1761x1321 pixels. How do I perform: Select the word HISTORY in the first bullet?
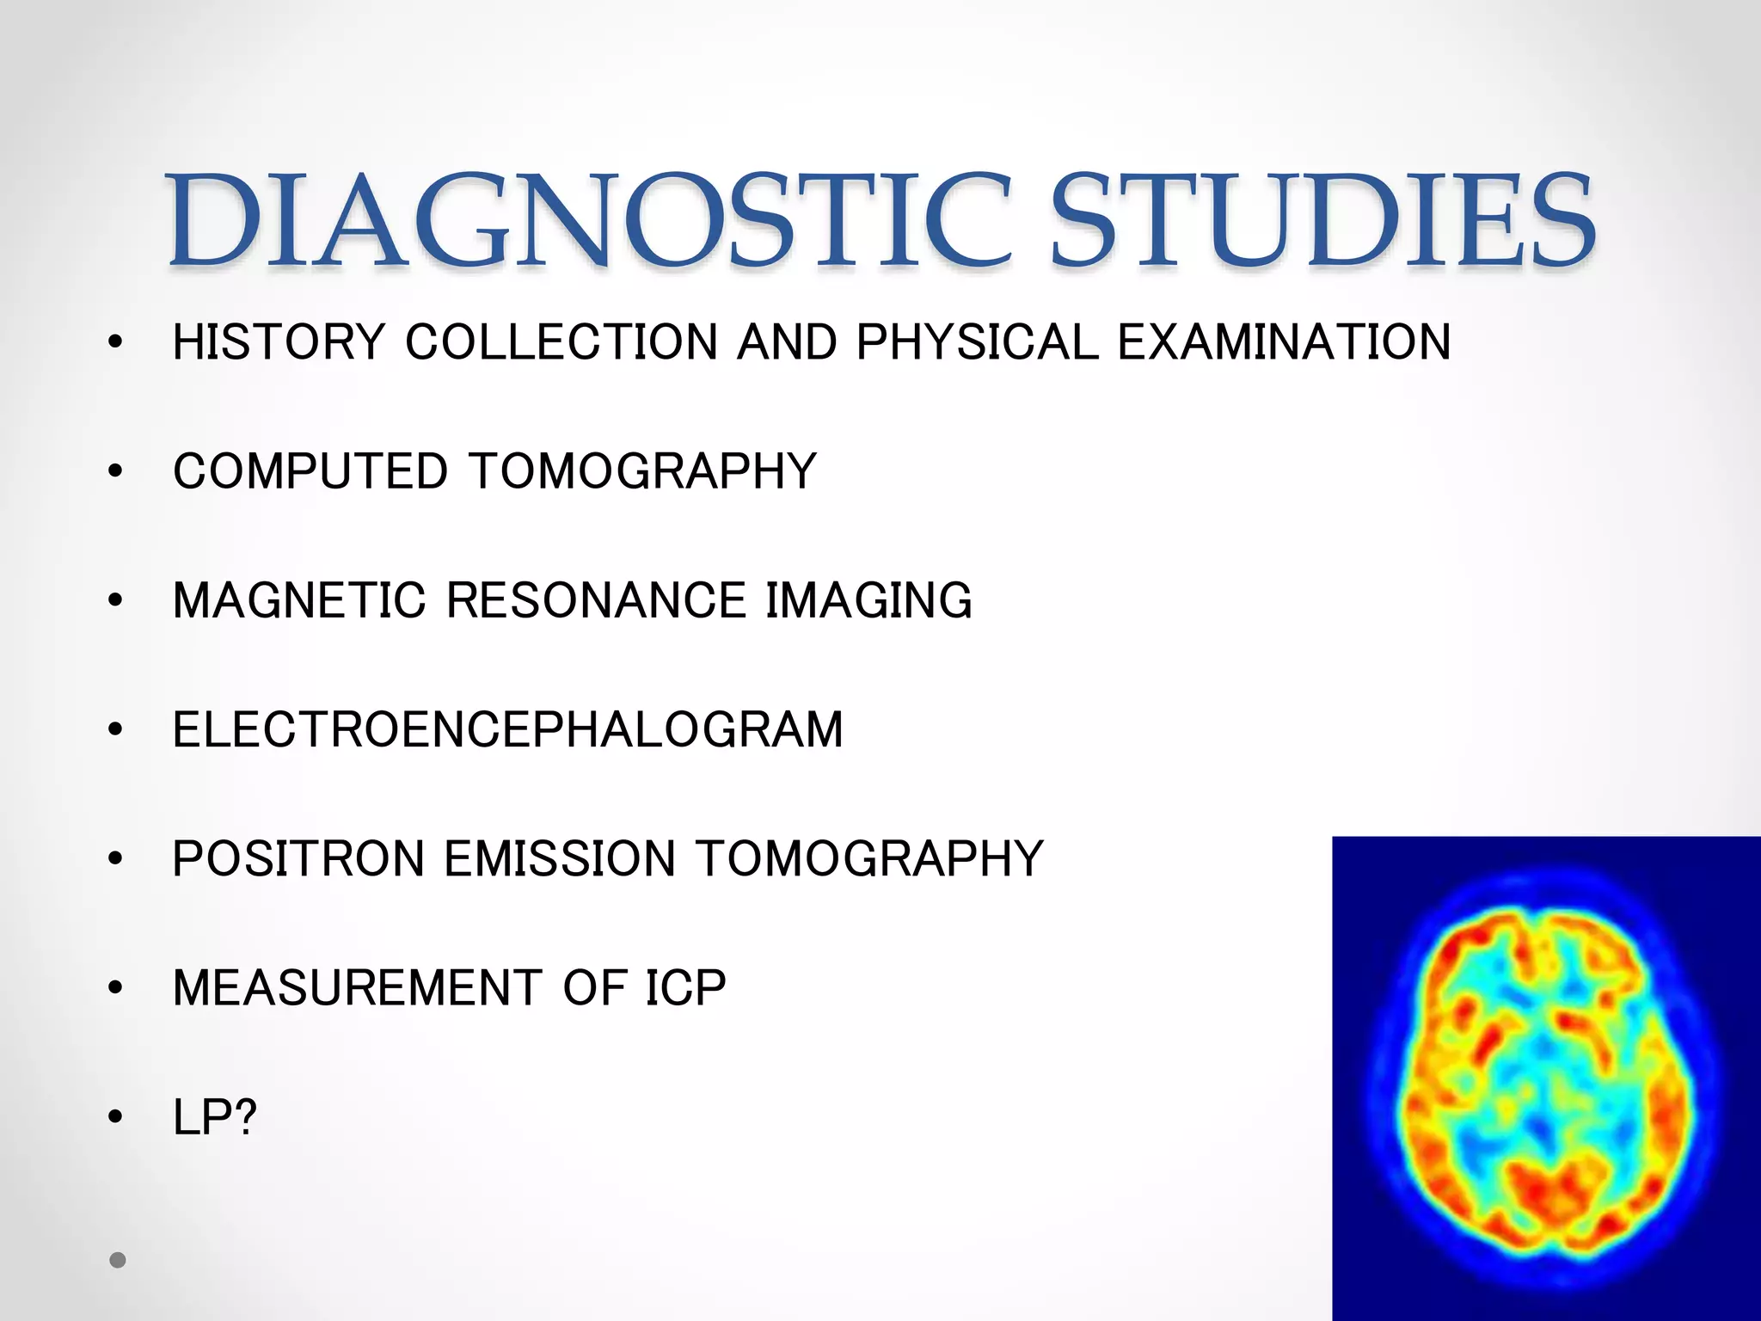(279, 342)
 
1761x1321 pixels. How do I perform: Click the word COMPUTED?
(310, 471)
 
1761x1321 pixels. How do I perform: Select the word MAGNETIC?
(299, 600)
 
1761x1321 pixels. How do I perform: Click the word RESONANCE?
(596, 600)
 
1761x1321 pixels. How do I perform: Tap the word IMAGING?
(868, 600)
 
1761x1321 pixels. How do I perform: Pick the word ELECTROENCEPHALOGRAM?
(507, 730)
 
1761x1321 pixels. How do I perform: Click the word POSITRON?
(298, 859)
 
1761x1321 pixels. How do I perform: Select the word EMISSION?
(561, 859)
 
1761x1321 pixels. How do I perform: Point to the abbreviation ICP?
(685, 988)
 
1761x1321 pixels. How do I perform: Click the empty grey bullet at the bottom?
(118, 1260)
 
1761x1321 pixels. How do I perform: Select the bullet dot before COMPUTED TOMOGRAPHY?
(116, 471)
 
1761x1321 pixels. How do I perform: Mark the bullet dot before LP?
(116, 1118)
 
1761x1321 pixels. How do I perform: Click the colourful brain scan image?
(1545, 1078)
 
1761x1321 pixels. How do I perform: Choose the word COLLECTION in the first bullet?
(561, 342)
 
